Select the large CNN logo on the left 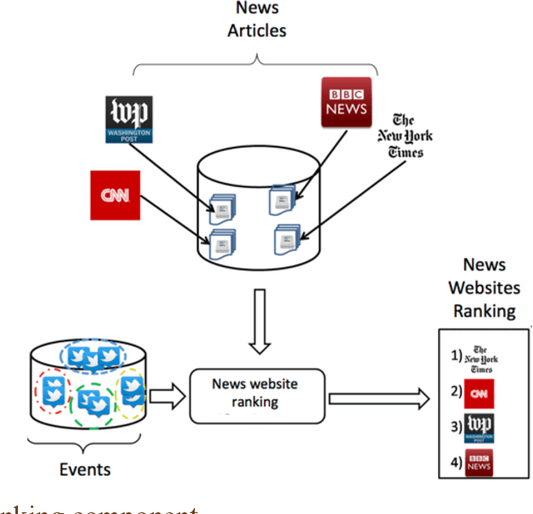pyautogui.click(x=114, y=195)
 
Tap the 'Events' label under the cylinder pyautogui.click(x=85, y=469)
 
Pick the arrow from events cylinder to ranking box pyautogui.click(x=168, y=395)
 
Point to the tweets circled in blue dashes pyautogui.click(x=95, y=358)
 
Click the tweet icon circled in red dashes pyautogui.click(x=54, y=391)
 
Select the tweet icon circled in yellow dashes pyautogui.click(x=132, y=389)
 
